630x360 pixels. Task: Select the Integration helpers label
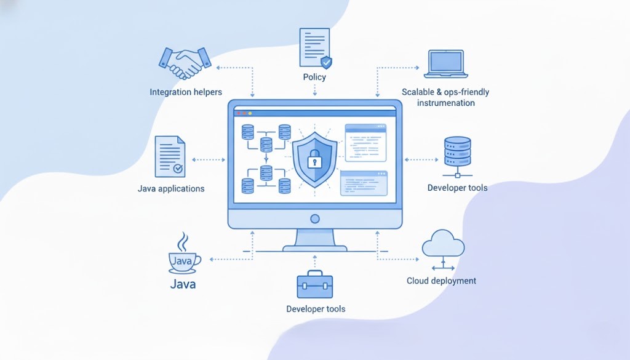[x=186, y=92]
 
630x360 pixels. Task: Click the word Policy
[x=314, y=78]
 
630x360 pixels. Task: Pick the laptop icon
[x=446, y=64]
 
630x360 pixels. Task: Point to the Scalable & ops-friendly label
[x=445, y=92]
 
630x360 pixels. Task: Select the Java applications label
[x=171, y=188]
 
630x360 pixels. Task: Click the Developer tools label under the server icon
[x=457, y=188]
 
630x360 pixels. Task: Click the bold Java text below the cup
[x=183, y=285]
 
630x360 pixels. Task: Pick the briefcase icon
[x=315, y=285]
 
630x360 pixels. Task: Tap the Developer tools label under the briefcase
[x=316, y=309]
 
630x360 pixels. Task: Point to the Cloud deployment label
[x=441, y=281]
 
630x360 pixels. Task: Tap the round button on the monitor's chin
[x=315, y=218]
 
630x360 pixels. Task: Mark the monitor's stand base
[x=315, y=248]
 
